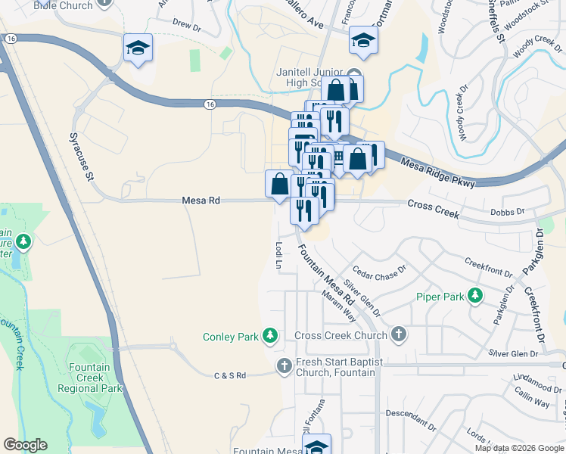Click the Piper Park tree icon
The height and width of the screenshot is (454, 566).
pos(476,296)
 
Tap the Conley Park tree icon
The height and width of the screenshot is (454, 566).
pos(270,336)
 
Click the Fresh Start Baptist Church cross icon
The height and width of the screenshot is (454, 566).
pos(285,366)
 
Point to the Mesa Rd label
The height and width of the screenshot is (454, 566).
pos(201,201)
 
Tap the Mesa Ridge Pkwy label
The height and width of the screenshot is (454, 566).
pos(438,173)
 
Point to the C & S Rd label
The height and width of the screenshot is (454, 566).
pos(230,375)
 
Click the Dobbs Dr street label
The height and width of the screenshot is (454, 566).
pos(507,213)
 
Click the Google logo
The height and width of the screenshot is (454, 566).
pos(25,445)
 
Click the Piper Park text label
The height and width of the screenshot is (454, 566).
pos(440,297)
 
